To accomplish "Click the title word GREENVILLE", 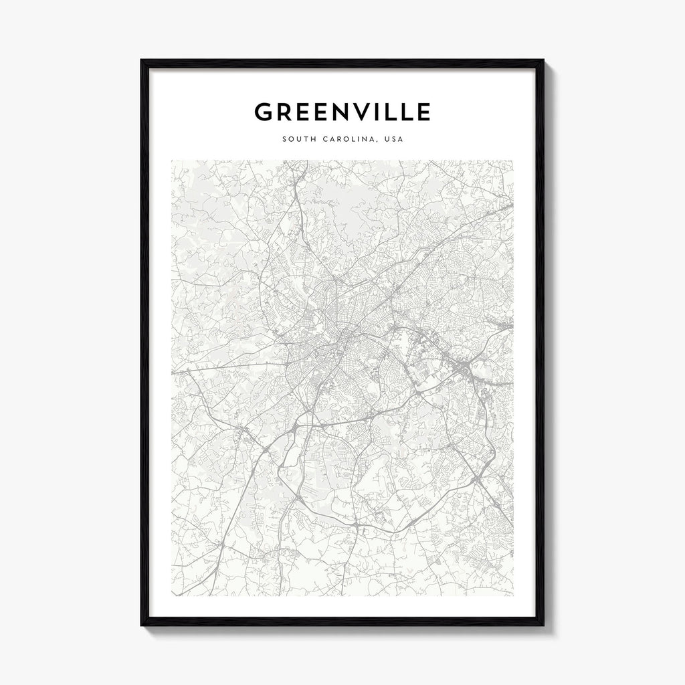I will pyautogui.click(x=342, y=112).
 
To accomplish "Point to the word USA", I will pyautogui.click(x=392, y=140).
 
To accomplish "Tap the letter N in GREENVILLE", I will pyautogui.click(x=331, y=112).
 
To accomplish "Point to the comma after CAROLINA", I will pyautogui.click(x=376, y=142).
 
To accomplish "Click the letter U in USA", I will pyautogui.click(x=385, y=140).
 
